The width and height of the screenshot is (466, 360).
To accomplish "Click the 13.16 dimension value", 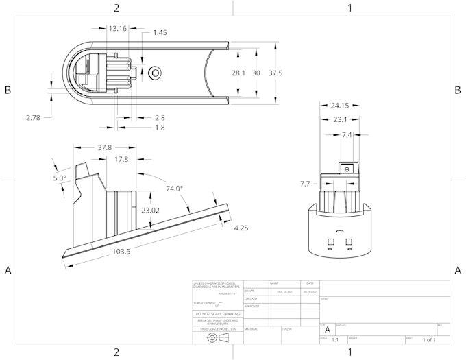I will coord(118,28).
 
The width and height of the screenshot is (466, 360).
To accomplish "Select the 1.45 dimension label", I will coord(160,32).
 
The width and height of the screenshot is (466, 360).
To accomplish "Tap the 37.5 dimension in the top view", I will coord(275,73).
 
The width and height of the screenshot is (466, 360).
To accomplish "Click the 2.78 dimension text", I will coord(34,118).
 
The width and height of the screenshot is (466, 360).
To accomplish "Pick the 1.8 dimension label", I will coord(159,128).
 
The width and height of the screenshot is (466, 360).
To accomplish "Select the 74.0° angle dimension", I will coord(175,188).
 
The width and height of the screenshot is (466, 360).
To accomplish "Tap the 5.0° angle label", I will coord(60,178).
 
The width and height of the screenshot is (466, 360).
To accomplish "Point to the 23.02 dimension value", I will coord(150,211).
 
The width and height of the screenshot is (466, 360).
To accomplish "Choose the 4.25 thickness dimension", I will coord(241,228).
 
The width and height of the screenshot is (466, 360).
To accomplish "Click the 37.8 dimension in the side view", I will coord(105,147).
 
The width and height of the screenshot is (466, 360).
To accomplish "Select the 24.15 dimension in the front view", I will coord(340,106).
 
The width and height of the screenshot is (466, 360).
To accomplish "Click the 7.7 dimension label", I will coord(305,184).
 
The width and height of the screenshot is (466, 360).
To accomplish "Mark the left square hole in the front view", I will coord(331,241).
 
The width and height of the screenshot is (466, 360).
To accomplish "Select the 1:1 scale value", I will coord(335,339).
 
